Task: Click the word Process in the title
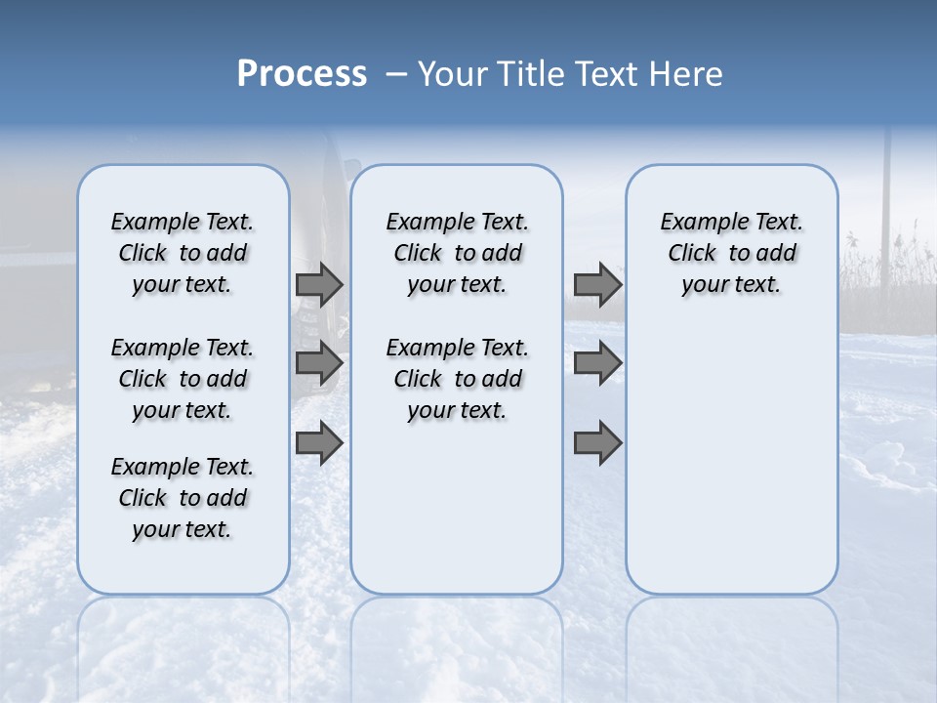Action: (x=302, y=74)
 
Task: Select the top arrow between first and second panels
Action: (x=319, y=285)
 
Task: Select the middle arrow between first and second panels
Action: (x=319, y=363)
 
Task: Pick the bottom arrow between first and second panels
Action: (x=319, y=443)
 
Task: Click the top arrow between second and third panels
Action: (x=597, y=285)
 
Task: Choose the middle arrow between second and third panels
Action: (x=597, y=363)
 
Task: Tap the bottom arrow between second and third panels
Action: (x=597, y=443)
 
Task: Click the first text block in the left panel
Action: (x=183, y=254)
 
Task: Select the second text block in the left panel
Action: (x=183, y=379)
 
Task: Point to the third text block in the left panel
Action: (x=183, y=498)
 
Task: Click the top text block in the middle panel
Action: (x=457, y=254)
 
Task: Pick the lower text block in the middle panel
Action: (x=457, y=379)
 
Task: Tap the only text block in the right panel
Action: (x=731, y=254)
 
